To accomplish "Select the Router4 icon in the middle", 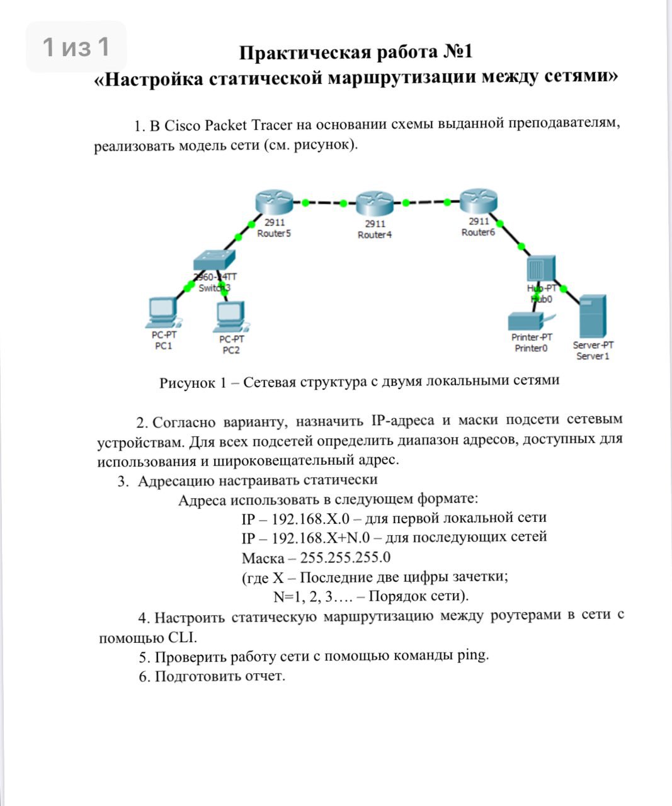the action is (x=374, y=204).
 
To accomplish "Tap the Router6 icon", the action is (x=479, y=201).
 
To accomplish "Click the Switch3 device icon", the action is (x=214, y=261).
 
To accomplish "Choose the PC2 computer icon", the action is (x=231, y=317).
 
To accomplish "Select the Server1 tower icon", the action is (x=593, y=317).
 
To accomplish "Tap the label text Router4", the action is (x=375, y=235).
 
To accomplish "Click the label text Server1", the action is (x=593, y=356).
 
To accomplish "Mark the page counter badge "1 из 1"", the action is (x=76, y=47).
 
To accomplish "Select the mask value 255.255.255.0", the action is (x=345, y=557).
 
